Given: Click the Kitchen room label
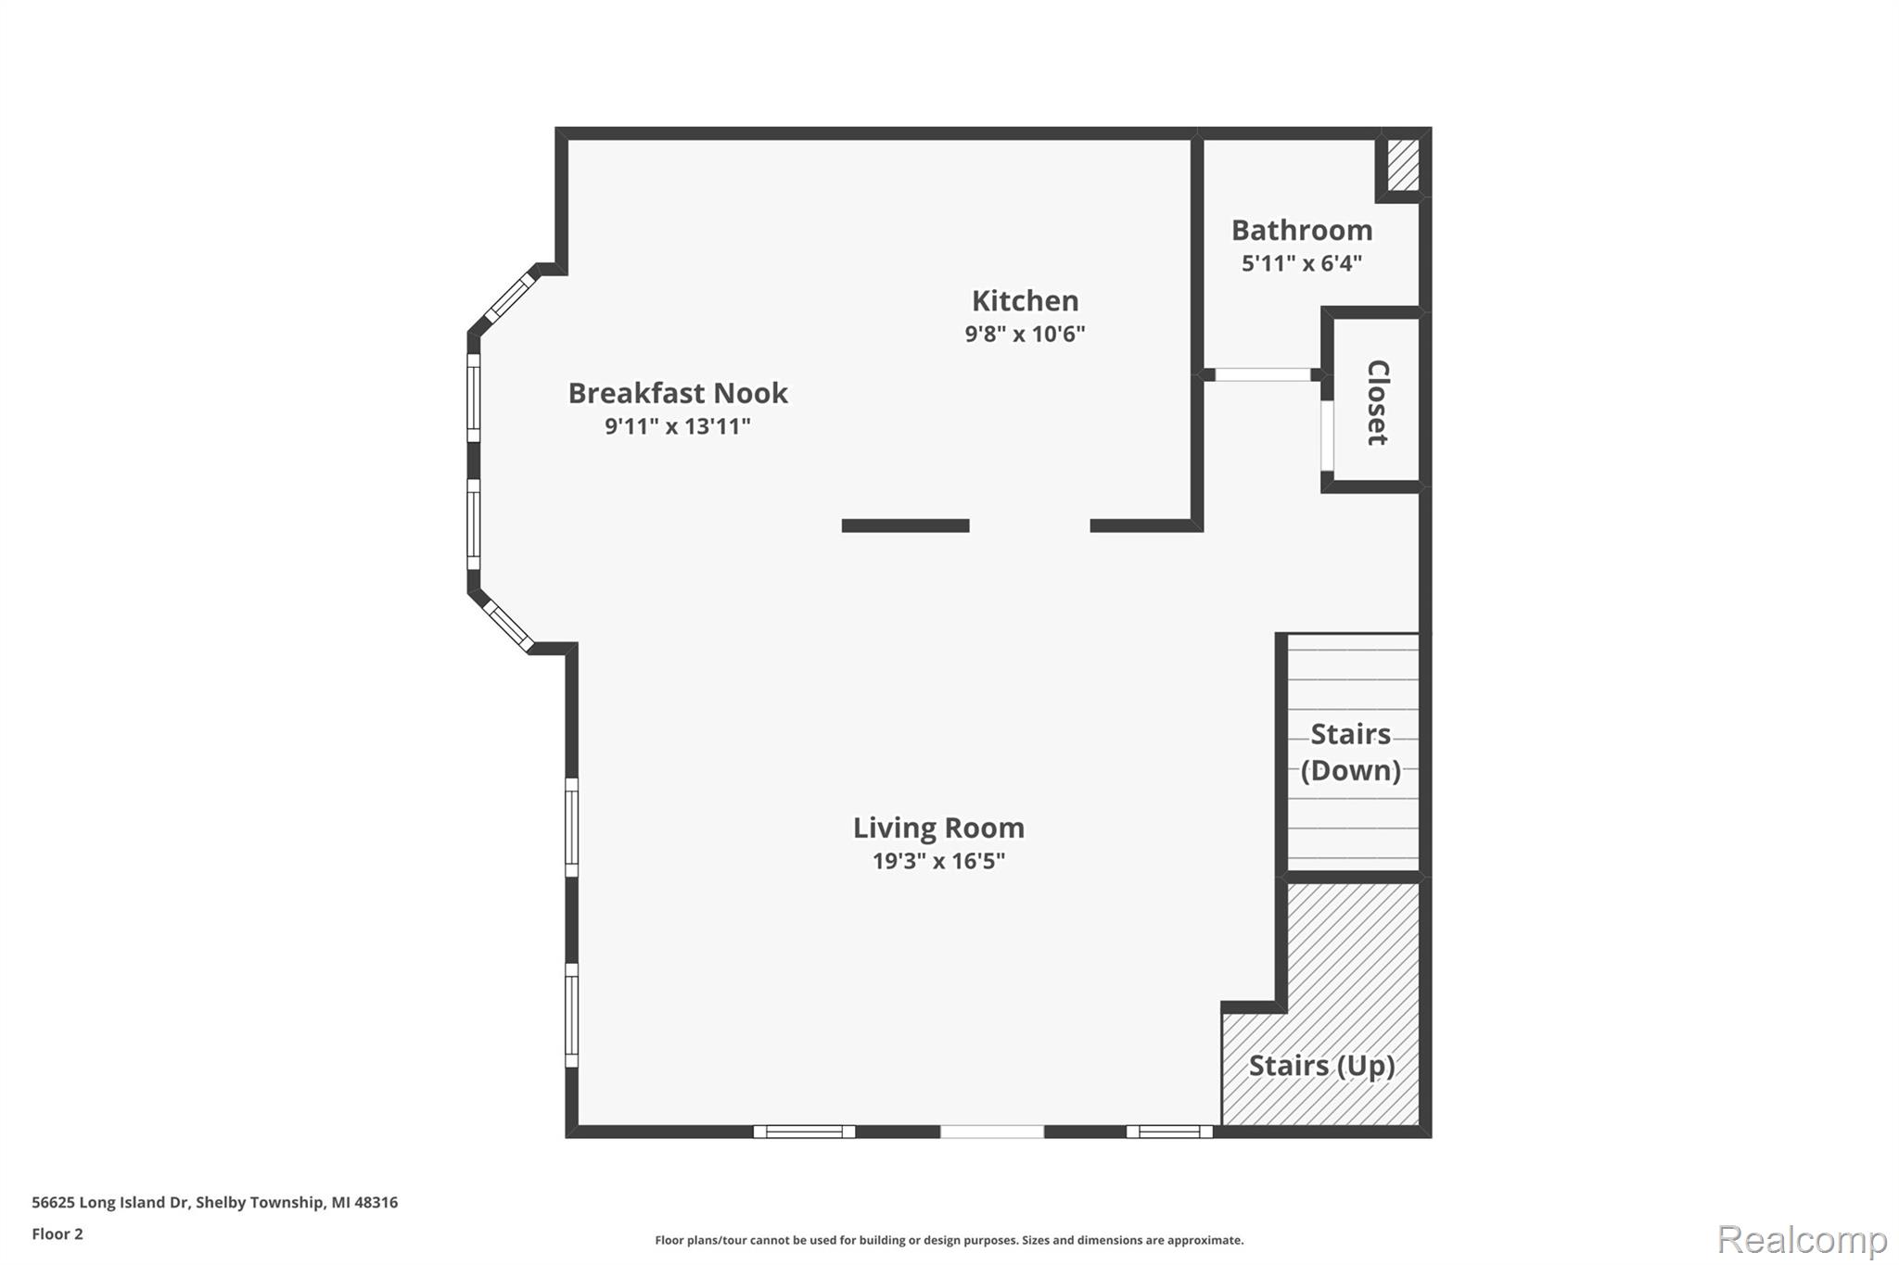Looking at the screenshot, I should tap(1025, 301).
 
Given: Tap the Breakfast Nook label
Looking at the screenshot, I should tap(678, 393).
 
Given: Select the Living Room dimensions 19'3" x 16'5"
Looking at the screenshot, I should tap(938, 861).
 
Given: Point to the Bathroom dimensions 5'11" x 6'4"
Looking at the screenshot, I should tap(1301, 263).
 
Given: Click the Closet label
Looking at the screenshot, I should tap(1378, 402).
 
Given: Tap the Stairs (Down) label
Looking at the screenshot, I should tap(1350, 752).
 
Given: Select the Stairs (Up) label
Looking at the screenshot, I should tap(1321, 1066).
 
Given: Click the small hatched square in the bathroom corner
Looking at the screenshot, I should tap(1403, 165).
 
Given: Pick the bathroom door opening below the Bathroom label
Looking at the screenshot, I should tap(1263, 374).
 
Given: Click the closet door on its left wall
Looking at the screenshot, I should tap(1327, 435).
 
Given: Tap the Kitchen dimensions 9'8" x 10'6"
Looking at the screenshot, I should tap(1025, 334).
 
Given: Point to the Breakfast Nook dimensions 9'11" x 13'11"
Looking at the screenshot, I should tap(678, 426).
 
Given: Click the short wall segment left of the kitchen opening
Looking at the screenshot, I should tap(905, 525).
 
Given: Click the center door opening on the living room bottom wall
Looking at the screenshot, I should tap(991, 1132).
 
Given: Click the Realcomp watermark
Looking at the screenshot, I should tap(1802, 1238).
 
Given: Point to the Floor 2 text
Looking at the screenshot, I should tap(57, 1233).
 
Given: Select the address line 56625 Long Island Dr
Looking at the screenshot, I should tap(214, 1202).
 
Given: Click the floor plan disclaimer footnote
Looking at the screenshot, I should tap(949, 1240).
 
